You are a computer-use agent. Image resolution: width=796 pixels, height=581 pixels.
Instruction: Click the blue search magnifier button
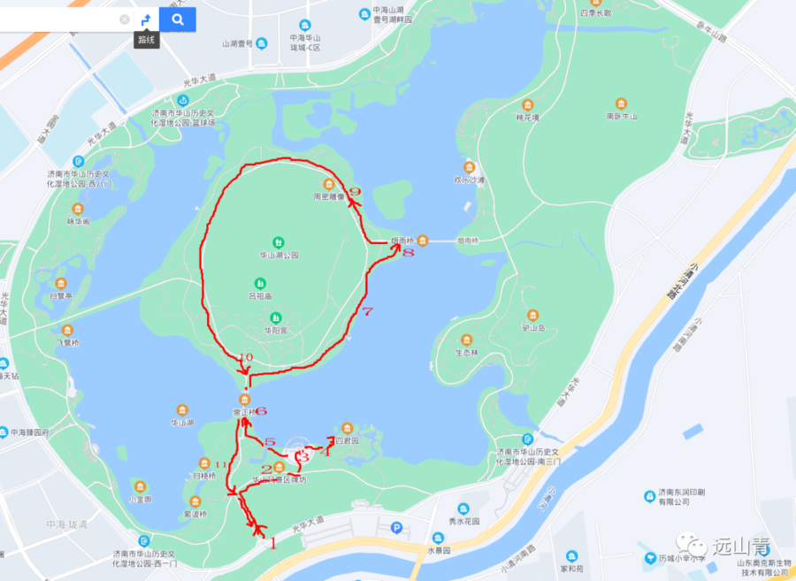178,19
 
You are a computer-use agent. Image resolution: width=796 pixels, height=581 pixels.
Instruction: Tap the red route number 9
355,191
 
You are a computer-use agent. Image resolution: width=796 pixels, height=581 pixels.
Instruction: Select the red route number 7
369,311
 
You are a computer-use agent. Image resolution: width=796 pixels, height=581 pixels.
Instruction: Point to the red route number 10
246,357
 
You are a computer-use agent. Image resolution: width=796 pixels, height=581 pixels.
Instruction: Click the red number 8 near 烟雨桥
408,253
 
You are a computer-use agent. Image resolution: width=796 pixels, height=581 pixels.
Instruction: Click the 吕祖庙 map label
260,296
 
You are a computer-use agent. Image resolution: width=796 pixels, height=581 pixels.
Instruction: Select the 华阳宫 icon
276,317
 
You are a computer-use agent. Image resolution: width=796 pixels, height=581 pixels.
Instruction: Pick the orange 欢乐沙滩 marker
470,166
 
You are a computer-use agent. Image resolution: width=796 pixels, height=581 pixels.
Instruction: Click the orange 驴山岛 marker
532,315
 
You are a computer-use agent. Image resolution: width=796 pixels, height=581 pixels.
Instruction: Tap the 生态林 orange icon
466,340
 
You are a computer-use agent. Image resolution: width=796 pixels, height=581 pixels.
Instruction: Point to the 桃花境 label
527,117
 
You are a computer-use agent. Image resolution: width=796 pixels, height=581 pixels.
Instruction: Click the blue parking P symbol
397,528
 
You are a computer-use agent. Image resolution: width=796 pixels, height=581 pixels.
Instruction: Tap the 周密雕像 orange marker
328,184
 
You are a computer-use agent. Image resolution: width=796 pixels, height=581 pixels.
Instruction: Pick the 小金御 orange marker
140,486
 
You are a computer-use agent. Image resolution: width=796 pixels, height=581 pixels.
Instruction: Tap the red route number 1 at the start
272,544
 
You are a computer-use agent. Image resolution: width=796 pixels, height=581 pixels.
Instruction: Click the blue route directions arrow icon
147,19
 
